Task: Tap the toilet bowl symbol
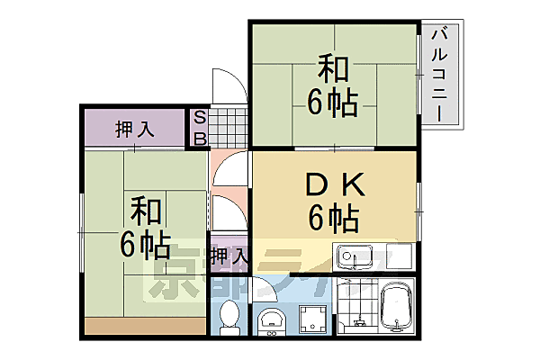[x=230, y=316]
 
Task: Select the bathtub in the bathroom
[x=396, y=309]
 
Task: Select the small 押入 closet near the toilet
[x=228, y=256]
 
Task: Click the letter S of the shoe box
[x=201, y=119]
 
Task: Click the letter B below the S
[x=201, y=138]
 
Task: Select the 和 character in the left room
[x=144, y=212]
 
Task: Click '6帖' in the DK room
[x=332, y=217]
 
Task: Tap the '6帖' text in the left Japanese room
[x=144, y=243]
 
